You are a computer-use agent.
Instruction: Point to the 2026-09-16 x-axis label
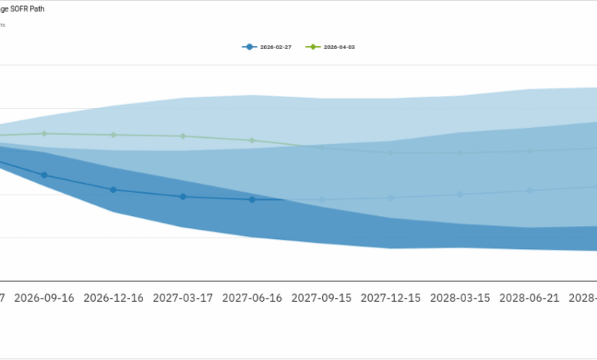pyautogui.click(x=44, y=297)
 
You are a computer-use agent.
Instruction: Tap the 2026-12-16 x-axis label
pyautogui.click(x=113, y=297)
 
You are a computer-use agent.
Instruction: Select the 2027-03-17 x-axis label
pyautogui.click(x=183, y=297)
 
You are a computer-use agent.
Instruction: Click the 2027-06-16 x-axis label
pyautogui.click(x=252, y=297)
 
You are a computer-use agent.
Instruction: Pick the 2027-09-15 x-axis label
pyautogui.click(x=321, y=297)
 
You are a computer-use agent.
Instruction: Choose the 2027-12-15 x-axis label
pyautogui.click(x=391, y=297)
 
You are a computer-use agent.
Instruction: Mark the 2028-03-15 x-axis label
pyautogui.click(x=460, y=297)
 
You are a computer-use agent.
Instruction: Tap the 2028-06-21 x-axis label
pyautogui.click(x=530, y=297)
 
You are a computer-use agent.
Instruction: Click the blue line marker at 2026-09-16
pyautogui.click(x=44, y=175)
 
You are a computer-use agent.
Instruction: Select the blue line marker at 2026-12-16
pyautogui.click(x=113, y=189)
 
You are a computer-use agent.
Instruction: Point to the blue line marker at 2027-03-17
pyautogui.click(x=183, y=197)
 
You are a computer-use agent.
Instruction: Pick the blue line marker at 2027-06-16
pyautogui.click(x=252, y=199)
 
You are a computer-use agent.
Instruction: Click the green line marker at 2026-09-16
pyautogui.click(x=44, y=133)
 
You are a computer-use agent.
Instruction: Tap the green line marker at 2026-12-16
pyautogui.click(x=113, y=135)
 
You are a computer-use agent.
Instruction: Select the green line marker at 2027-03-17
pyautogui.click(x=183, y=136)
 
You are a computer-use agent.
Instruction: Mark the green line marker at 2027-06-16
pyautogui.click(x=252, y=140)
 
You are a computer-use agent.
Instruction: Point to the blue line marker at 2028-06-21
pyautogui.click(x=530, y=191)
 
